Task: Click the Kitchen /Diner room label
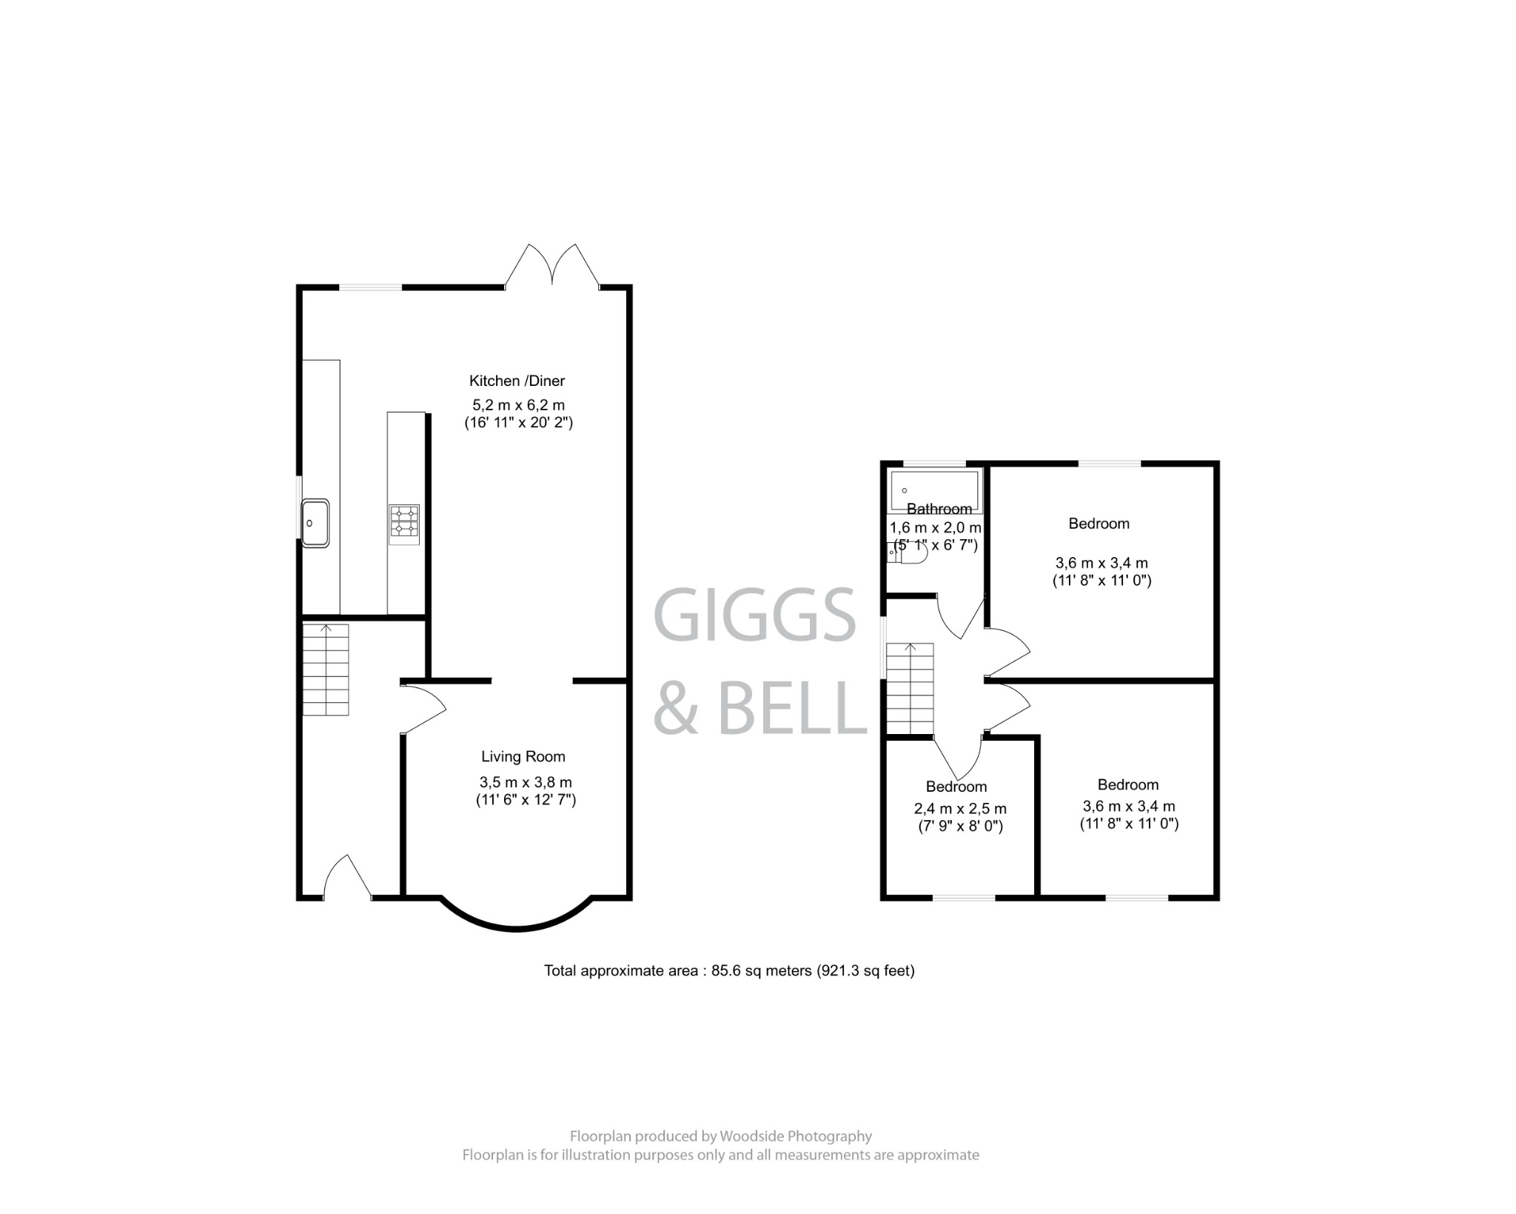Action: (517, 381)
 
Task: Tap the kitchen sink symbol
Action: (315, 523)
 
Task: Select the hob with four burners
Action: (404, 524)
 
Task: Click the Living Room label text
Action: (523, 756)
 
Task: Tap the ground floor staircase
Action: (326, 670)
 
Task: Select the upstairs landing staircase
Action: (910, 688)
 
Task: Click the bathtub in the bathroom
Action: (935, 490)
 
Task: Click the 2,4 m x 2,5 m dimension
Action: (960, 809)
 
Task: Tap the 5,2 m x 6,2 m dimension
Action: (518, 405)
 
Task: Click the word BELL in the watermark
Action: (792, 710)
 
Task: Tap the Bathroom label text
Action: (939, 509)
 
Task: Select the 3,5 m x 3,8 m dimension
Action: (526, 782)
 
